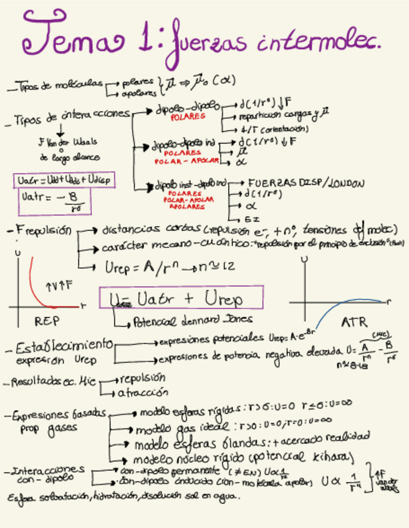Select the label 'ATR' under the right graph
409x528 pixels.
pos(354,323)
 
